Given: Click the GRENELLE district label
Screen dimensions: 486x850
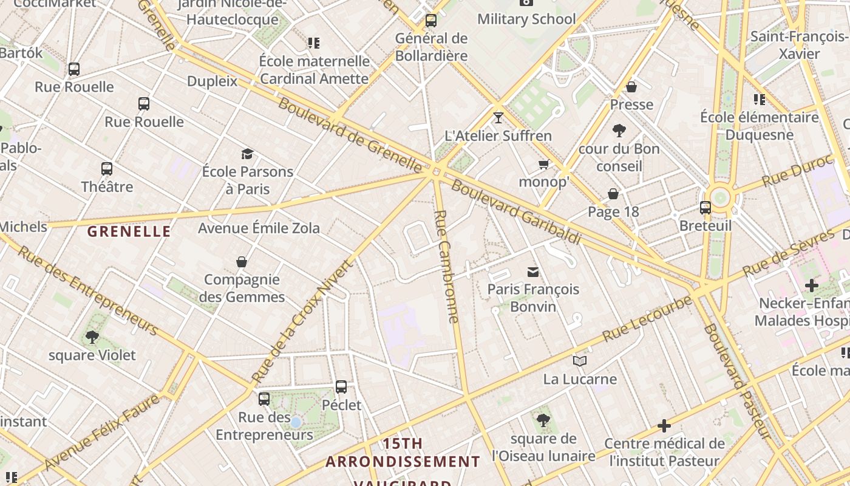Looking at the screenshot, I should (x=129, y=231).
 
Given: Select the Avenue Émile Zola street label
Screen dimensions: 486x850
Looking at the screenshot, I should (x=259, y=228).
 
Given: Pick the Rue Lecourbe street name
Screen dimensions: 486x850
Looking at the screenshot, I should (x=647, y=319).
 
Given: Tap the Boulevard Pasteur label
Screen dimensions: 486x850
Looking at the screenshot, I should (x=738, y=382).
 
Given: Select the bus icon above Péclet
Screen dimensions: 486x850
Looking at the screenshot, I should (x=341, y=386).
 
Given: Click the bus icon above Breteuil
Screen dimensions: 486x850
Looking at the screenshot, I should (x=705, y=208).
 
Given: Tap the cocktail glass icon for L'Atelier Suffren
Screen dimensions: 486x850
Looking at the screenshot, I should (x=498, y=117).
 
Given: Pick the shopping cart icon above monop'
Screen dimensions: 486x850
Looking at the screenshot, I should (x=543, y=164).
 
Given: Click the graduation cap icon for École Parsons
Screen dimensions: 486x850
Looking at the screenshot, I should (x=247, y=154).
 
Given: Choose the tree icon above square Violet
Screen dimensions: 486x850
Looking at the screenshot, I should (x=92, y=337).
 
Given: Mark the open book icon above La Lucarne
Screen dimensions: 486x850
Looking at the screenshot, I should (x=580, y=361).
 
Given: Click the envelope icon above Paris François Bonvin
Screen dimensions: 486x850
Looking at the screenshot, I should (x=533, y=272).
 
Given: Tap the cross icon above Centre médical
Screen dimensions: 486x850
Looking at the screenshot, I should (x=664, y=425).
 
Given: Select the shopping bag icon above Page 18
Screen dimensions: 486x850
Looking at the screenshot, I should (x=613, y=194).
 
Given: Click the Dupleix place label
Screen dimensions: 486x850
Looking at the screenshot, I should (x=212, y=81).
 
